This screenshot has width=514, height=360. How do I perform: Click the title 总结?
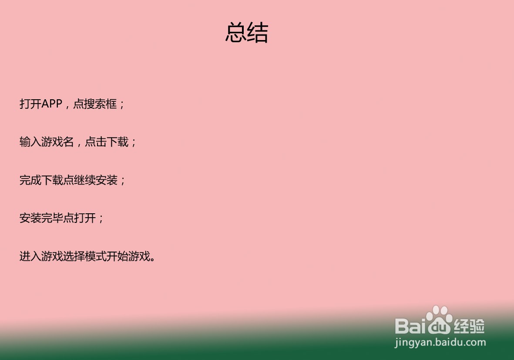pyautogui.click(x=247, y=33)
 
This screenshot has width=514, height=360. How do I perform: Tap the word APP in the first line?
pyautogui.click(x=52, y=104)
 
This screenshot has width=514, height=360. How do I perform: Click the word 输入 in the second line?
pyautogui.click(x=30, y=141)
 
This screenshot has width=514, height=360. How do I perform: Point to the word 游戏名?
pyautogui.click(x=57, y=141)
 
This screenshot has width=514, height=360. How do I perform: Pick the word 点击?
pyautogui.click(x=96, y=141)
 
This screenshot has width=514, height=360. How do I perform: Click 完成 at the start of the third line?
pyautogui.click(x=30, y=180)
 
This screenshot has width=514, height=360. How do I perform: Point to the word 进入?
pyautogui.click(x=30, y=256)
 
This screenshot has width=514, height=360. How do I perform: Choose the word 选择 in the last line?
pyautogui.click(x=74, y=256)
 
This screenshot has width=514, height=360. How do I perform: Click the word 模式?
pyautogui.click(x=95, y=256)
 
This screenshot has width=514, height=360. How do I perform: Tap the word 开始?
pyautogui.click(x=117, y=256)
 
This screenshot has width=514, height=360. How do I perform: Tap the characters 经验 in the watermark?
pyautogui.click(x=469, y=326)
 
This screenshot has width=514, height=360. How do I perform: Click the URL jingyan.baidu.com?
pyautogui.click(x=440, y=343)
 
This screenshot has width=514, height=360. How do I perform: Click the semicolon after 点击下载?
pyautogui.click(x=134, y=143)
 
